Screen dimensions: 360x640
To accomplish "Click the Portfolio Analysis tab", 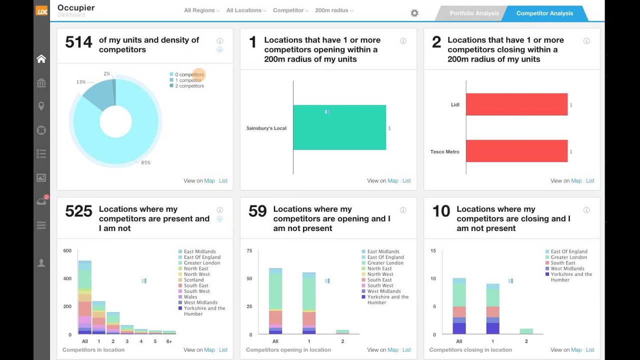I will [473, 13].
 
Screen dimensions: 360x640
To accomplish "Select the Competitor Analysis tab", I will [544, 13].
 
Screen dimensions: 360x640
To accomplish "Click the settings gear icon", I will [414, 13].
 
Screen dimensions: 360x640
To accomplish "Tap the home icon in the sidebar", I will [41, 59].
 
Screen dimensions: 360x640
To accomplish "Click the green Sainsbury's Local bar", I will [339, 127].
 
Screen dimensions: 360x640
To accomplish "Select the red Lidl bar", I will [516, 104].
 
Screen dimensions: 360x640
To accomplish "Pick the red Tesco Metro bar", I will [516, 151].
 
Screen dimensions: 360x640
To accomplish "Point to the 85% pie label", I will [146, 162].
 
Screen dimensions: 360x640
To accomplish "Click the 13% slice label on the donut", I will [81, 82].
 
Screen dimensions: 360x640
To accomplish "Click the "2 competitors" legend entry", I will [189, 86].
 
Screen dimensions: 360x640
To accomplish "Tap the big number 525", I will [78, 211].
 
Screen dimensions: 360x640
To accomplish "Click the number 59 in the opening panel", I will [257, 211].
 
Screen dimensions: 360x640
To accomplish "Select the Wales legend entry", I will [190, 297].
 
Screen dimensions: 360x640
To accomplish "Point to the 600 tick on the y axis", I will [67, 251].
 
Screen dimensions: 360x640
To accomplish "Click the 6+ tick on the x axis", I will [169, 341].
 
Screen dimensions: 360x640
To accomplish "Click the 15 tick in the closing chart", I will [433, 251].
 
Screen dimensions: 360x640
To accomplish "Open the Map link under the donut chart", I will [209, 181].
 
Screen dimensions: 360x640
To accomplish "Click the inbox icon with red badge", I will [41, 201].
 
